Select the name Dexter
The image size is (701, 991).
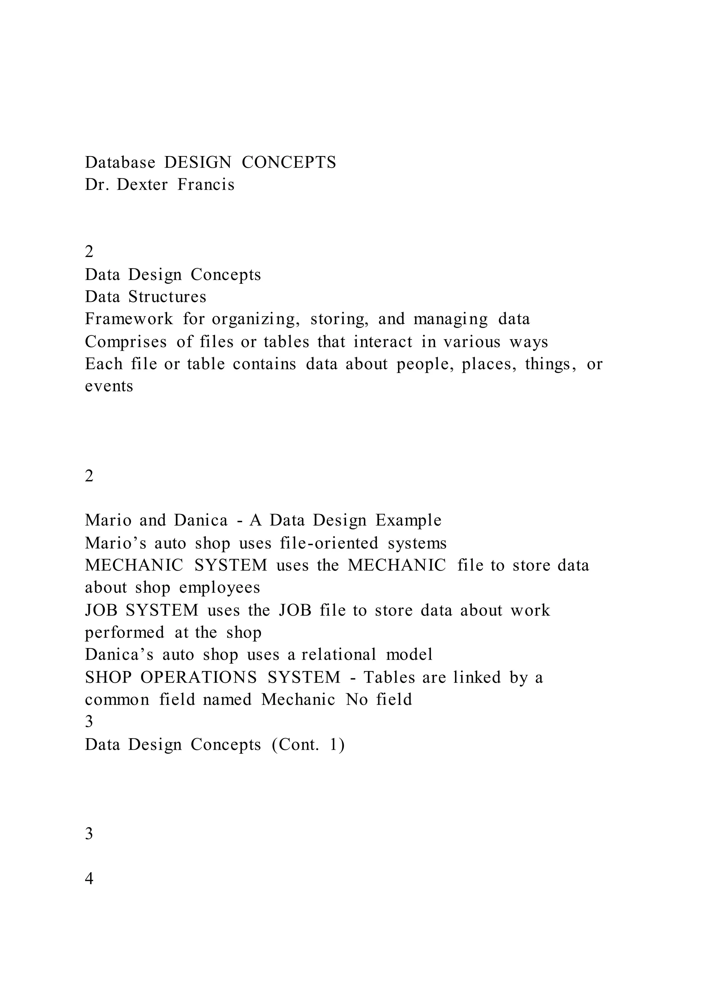(142, 185)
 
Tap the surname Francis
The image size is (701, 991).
(206, 185)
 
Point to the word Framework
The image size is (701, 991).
(129, 319)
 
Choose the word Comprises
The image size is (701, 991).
(126, 342)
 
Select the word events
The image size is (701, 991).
(109, 386)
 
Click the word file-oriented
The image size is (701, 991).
(329, 543)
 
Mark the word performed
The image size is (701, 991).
(124, 633)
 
